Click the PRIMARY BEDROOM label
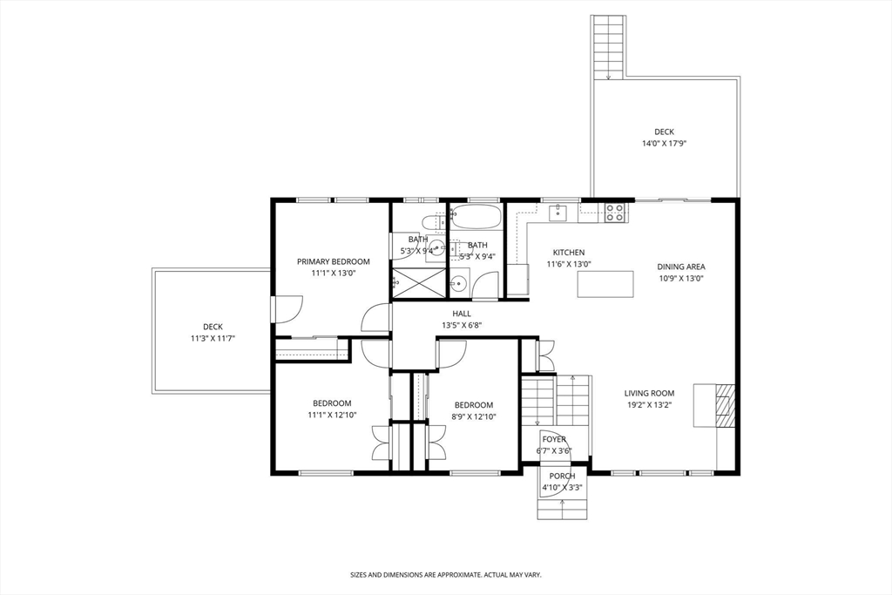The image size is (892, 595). coord(333,261)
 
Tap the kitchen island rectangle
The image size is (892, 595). coord(605,284)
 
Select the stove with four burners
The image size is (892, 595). coord(614,213)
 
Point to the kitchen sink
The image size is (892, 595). coord(558,213)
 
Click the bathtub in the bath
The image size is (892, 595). coord(476,217)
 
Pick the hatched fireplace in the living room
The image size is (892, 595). coord(723,405)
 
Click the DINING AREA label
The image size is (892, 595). coord(681,267)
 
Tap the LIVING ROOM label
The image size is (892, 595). coord(649,393)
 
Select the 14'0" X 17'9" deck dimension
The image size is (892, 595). coord(664,144)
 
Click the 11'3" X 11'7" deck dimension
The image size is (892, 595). coord(213,339)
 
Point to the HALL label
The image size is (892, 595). coord(462,314)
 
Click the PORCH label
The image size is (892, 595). coord(562,477)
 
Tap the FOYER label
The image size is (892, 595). coord(554,440)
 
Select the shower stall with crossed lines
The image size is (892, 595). coord(419,283)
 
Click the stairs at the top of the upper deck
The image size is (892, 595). coord(609,47)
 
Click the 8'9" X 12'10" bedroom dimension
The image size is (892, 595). coord(474,417)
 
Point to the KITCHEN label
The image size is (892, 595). coord(568,253)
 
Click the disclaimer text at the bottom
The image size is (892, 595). coord(445,575)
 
